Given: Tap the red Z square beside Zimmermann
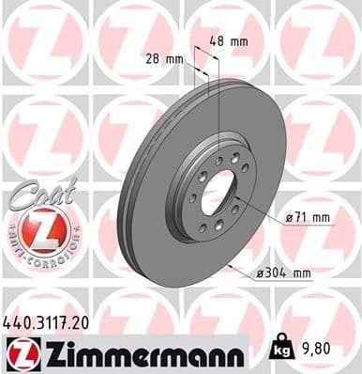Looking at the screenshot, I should [x=18, y=353].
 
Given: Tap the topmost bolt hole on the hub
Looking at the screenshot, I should [x=219, y=161].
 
